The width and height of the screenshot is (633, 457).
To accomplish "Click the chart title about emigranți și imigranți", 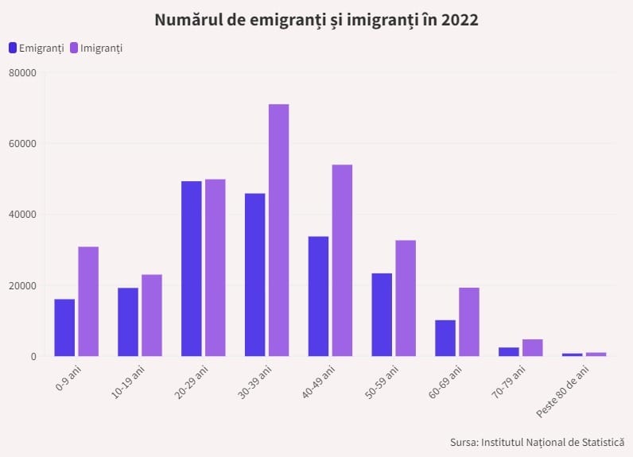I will tap(316, 21).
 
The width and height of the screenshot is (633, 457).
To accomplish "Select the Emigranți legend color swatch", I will tap(13, 48).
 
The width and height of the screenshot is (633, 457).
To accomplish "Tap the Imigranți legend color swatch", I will tap(75, 48).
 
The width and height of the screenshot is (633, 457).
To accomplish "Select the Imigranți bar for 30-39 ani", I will tap(278, 230).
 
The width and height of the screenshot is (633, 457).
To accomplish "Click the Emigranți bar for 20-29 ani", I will tap(192, 269).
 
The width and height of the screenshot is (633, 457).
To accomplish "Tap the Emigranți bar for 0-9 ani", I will tap(64, 327).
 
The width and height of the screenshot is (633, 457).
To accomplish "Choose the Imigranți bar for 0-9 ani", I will tap(88, 301).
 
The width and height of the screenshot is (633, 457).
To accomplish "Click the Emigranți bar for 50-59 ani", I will tap(382, 315).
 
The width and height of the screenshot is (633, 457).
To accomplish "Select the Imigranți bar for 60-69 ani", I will tap(469, 322).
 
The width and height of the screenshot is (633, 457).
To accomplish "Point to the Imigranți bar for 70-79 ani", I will tap(533, 348).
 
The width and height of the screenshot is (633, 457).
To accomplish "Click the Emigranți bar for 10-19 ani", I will tap(128, 322).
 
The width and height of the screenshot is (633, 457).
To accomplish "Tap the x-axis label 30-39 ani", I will tap(256, 383).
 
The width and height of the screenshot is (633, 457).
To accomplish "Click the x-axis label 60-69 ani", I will tap(447, 383).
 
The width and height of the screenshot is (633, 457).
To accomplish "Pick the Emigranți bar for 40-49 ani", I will tap(318, 296).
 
